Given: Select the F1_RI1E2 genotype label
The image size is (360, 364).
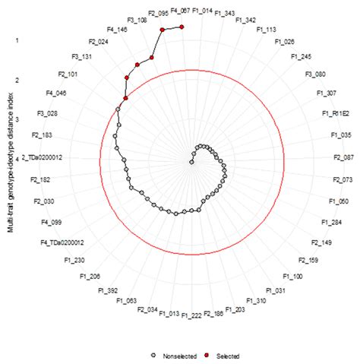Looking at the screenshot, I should click(334, 114).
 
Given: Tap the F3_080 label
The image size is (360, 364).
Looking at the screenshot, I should click(315, 74).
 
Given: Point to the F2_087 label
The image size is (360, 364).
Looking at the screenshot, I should click(343, 157).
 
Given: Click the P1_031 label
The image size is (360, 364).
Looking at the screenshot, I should click(275, 290).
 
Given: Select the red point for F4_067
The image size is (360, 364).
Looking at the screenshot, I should click(183, 27).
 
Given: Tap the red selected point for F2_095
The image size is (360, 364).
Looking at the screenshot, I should click(162, 29).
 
